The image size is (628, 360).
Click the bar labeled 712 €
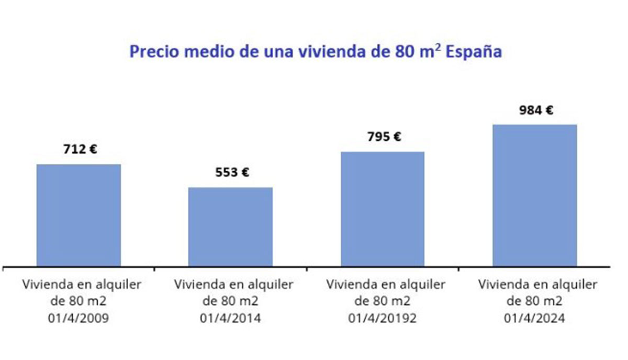78,215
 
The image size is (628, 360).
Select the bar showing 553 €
230,226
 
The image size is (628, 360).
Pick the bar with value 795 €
383,208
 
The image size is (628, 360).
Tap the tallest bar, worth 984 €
534,195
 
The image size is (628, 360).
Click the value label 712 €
80,149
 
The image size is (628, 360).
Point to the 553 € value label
232,172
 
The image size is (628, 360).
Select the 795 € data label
384,137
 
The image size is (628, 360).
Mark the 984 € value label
536,110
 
